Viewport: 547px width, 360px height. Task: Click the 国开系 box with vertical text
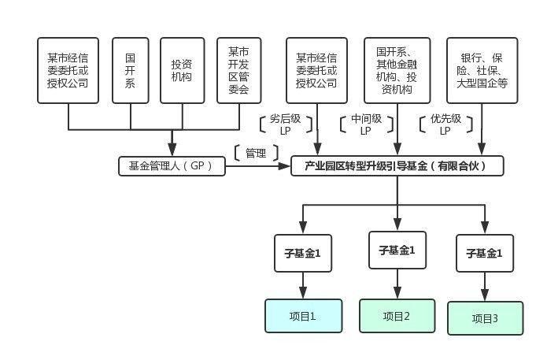[x=131, y=69]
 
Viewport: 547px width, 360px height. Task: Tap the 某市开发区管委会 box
[x=238, y=69]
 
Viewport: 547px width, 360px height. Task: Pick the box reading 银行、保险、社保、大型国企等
[x=482, y=70]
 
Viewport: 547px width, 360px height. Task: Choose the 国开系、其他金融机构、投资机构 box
[x=397, y=70]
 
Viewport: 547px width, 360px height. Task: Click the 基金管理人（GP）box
[x=172, y=165]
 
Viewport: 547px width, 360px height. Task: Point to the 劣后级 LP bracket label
[x=286, y=125]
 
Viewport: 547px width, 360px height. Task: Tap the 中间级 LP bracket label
[x=365, y=125]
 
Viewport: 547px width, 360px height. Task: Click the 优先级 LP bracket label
[x=445, y=125]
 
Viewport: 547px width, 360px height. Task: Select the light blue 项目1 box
[x=303, y=317]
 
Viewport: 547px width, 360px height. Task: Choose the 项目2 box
[x=397, y=316]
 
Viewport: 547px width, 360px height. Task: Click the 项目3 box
[x=485, y=318]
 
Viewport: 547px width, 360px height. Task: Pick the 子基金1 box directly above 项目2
[x=397, y=251]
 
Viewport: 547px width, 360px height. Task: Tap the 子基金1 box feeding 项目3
[x=485, y=254]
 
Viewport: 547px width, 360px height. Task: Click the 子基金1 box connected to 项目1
[x=302, y=254]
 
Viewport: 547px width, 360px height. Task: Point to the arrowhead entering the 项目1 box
[x=303, y=295]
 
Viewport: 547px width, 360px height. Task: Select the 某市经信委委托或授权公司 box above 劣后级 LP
[x=317, y=70]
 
